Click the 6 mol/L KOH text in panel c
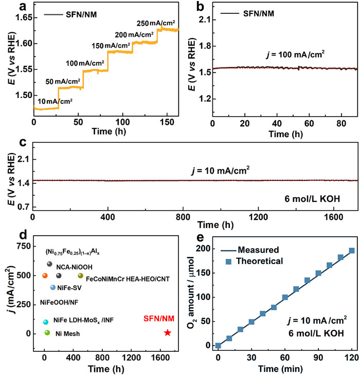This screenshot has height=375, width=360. tap(318, 198)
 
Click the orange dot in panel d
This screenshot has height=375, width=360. tap(45, 276)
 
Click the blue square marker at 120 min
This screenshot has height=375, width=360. tap(352, 251)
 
